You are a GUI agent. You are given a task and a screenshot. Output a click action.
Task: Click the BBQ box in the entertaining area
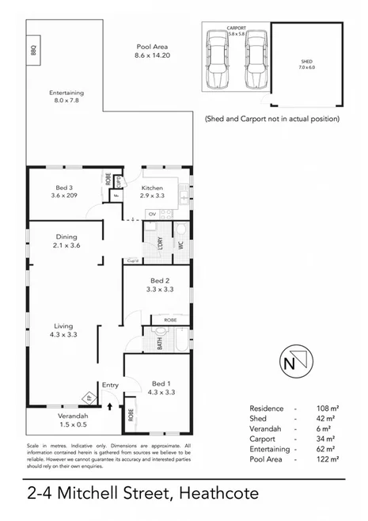pos(33,49)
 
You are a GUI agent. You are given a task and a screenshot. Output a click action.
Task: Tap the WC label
pos(181,245)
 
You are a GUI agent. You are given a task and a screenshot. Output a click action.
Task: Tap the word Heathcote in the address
pos(218,494)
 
